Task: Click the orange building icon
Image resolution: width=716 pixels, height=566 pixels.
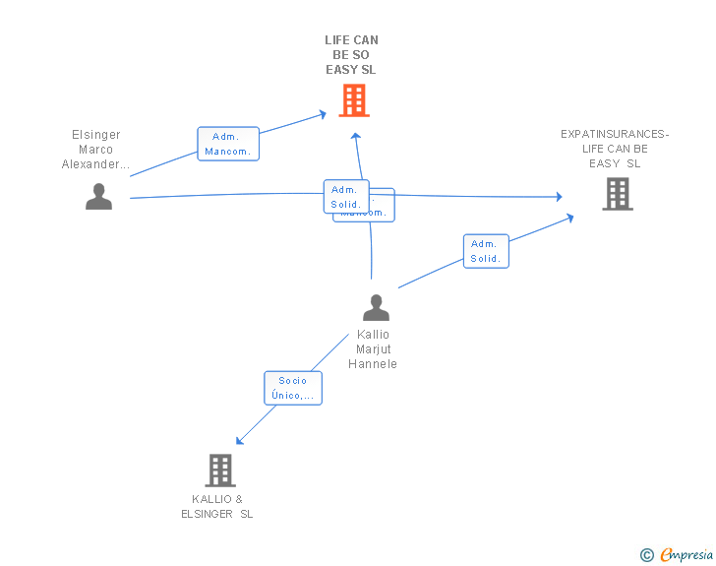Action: tap(353, 99)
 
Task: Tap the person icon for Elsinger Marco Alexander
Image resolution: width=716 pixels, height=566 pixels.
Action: tap(98, 197)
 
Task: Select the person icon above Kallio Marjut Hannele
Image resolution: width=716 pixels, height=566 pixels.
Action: tap(376, 308)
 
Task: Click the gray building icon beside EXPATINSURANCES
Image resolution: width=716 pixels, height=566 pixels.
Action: tap(617, 194)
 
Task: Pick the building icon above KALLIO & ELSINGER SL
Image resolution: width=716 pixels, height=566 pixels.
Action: tap(220, 471)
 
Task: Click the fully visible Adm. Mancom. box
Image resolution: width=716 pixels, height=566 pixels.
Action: tap(228, 144)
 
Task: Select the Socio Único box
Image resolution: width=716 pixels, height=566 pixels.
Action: tap(293, 388)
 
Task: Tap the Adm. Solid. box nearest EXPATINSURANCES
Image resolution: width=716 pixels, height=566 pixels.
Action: tap(486, 251)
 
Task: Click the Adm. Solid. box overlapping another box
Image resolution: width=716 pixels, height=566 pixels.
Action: tap(346, 197)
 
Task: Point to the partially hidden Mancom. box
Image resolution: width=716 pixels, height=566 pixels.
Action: tap(379, 213)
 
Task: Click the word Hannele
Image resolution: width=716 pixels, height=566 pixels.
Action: tap(373, 364)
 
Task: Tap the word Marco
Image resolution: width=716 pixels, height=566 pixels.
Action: tap(96, 150)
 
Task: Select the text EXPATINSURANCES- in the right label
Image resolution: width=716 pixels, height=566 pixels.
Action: tap(615, 134)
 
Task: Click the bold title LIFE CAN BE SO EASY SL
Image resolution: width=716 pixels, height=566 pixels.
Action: tap(351, 55)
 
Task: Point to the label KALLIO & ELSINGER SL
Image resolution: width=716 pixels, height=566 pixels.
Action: tap(217, 507)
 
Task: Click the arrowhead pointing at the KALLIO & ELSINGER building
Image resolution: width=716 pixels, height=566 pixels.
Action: tap(239, 441)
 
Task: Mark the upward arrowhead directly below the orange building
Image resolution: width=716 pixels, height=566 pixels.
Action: tap(356, 136)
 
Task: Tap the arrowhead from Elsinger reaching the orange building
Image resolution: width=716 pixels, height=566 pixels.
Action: tap(323, 114)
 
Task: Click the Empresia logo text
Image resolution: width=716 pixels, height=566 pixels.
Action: tap(687, 554)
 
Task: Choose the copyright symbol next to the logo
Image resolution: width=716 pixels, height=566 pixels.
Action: tap(647, 555)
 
